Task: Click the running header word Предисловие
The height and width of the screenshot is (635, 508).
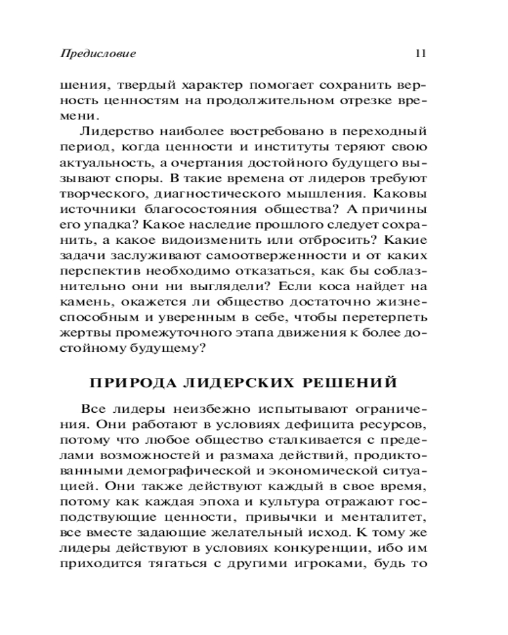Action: click(98, 53)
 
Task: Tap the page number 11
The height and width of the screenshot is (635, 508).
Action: click(420, 53)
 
